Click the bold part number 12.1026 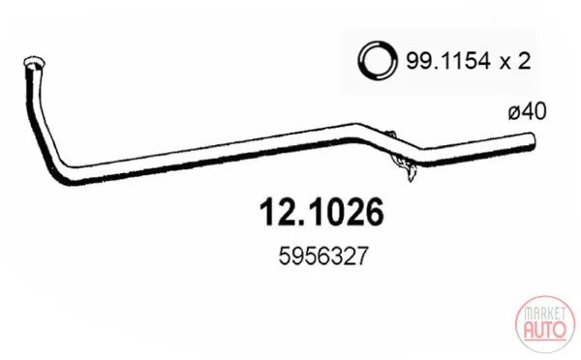321,212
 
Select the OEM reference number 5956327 323,256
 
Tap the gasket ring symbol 378,60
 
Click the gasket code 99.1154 448,61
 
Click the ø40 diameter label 528,111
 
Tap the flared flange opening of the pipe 34,62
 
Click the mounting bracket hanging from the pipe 403,160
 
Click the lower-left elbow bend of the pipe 66,172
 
